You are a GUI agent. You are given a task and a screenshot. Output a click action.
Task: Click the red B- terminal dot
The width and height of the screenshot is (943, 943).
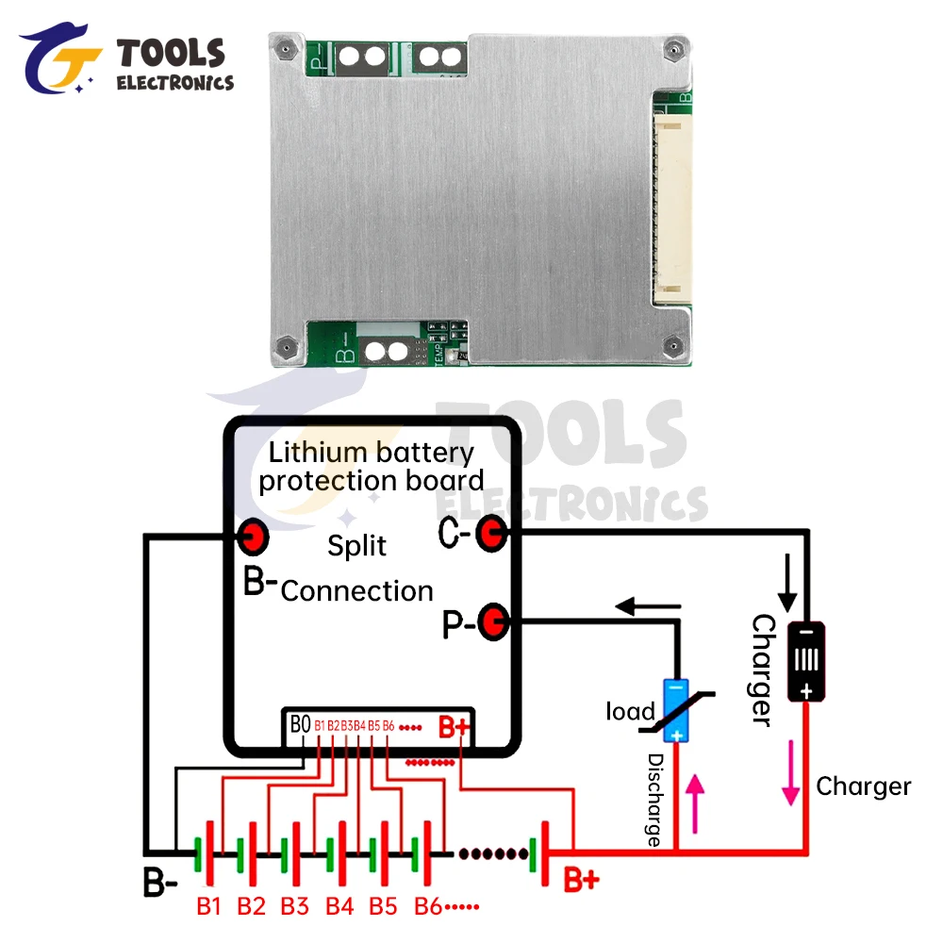coord(254,538)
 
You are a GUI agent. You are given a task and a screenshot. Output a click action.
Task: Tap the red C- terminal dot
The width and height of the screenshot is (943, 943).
coord(490,534)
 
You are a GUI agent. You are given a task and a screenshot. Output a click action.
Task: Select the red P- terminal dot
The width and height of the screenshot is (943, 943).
coord(493,621)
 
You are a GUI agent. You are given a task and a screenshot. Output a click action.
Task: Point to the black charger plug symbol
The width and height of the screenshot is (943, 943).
coord(806,662)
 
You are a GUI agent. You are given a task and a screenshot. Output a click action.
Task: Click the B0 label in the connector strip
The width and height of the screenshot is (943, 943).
coord(301,724)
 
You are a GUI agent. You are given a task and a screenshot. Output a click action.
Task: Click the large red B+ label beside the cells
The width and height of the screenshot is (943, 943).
coord(581,881)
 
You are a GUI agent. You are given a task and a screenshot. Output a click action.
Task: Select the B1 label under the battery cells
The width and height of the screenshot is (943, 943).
coord(208,907)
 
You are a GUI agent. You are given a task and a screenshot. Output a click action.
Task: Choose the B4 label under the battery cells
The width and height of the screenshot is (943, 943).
coord(339,907)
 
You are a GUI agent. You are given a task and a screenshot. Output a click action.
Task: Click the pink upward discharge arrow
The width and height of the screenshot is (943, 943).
coord(697,802)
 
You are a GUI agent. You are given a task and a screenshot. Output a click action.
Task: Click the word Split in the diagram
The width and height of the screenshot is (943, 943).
coord(357,546)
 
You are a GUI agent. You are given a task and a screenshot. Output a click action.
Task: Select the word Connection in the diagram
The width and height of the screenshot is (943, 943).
coord(357,591)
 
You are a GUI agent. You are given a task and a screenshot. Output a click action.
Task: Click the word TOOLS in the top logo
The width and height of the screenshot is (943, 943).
coord(171,54)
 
